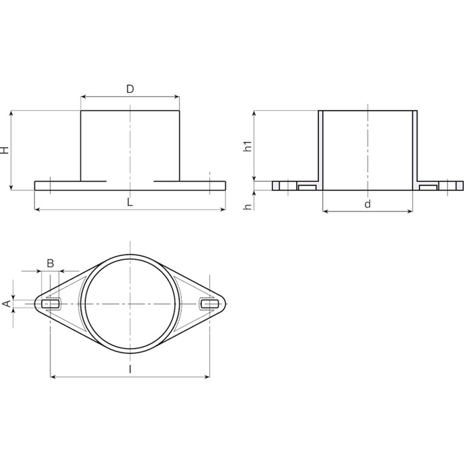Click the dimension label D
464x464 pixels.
pos(130,89)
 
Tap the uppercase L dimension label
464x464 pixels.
pos(130,202)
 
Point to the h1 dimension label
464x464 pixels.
pos(248,146)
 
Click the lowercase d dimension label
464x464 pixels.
pos(367,204)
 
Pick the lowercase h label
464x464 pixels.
pos(248,207)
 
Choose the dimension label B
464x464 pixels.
pos(51,263)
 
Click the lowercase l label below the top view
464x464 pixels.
pos(130,369)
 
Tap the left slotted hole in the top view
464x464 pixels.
pos(50,304)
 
